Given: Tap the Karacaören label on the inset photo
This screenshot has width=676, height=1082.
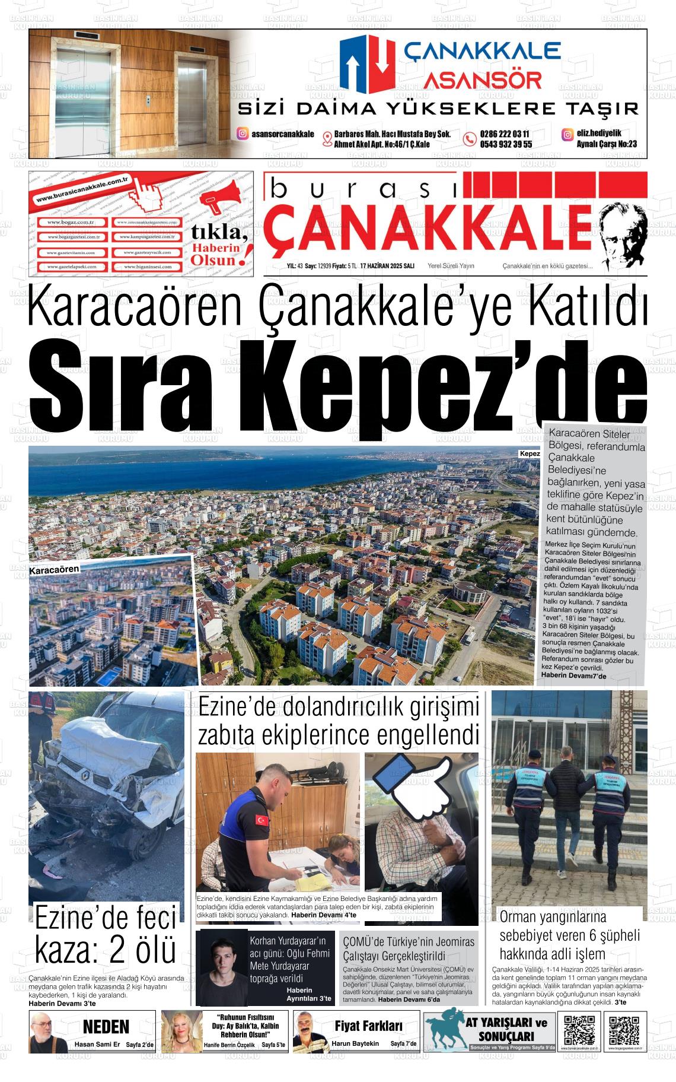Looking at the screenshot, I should pyautogui.click(x=54, y=569).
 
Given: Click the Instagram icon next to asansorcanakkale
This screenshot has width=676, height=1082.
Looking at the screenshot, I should pyautogui.click(x=243, y=134).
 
